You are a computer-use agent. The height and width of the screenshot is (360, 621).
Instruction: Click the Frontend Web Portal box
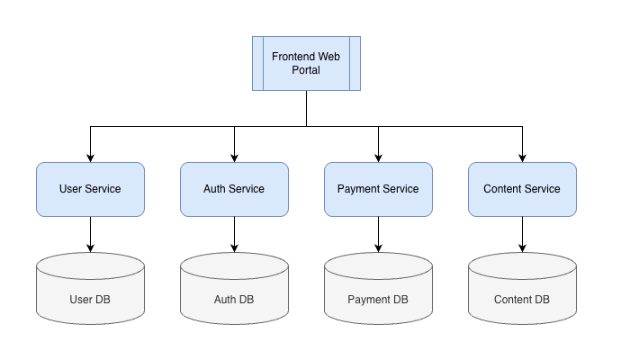coord(306,63)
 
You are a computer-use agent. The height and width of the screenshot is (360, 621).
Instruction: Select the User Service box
coord(90,189)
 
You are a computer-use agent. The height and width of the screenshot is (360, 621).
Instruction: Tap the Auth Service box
coord(234,189)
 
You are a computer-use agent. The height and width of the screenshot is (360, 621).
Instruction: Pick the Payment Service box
coord(378,189)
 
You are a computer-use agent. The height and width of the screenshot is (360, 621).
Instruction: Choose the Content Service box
coord(522,189)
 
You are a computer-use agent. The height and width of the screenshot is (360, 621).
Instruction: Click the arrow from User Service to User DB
coord(90,233)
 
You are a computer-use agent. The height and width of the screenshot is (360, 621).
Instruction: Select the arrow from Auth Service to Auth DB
coord(234,233)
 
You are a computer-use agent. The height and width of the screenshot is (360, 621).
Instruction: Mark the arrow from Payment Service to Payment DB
coord(378,233)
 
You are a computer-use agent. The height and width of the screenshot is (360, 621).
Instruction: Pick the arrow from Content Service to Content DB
coord(522,233)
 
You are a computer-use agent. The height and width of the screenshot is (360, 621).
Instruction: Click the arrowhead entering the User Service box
coord(90,157)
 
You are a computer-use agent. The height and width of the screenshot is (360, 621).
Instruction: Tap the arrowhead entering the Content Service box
coord(522,157)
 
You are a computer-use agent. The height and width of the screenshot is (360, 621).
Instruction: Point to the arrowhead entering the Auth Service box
coord(234,157)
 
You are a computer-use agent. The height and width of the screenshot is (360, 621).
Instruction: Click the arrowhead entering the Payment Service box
coord(378,157)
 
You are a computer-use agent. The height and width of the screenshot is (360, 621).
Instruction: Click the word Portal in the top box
coord(306,70)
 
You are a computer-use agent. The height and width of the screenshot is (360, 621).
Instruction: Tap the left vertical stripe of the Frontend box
coord(257,63)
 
